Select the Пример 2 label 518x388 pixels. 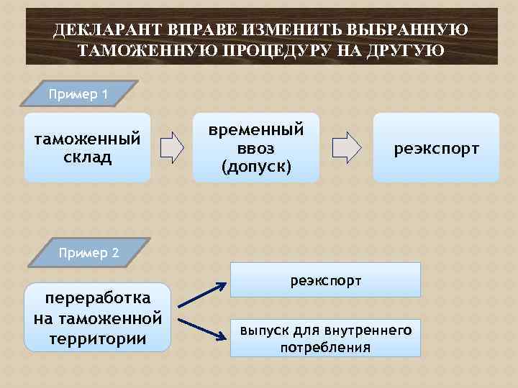pyautogui.click(x=89, y=252)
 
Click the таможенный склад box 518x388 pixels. pyautogui.click(x=87, y=147)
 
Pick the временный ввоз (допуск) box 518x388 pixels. pyautogui.click(x=256, y=147)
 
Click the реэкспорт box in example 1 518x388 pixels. pyautogui.click(x=436, y=148)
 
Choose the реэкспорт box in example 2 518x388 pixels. pyautogui.click(x=325, y=280)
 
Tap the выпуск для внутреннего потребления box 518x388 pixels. pyautogui.click(x=325, y=338)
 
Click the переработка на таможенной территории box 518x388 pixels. pyautogui.click(x=97, y=318)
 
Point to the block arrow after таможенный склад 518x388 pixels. pyautogui.click(x=172, y=147)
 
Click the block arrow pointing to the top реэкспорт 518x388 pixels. pyautogui.click(x=348, y=147)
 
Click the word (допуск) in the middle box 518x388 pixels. pyautogui.click(x=256, y=167)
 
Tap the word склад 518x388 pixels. pyautogui.click(x=87, y=156)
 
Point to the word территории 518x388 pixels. pyautogui.click(x=97, y=338)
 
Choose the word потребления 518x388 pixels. pyautogui.click(x=325, y=348)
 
